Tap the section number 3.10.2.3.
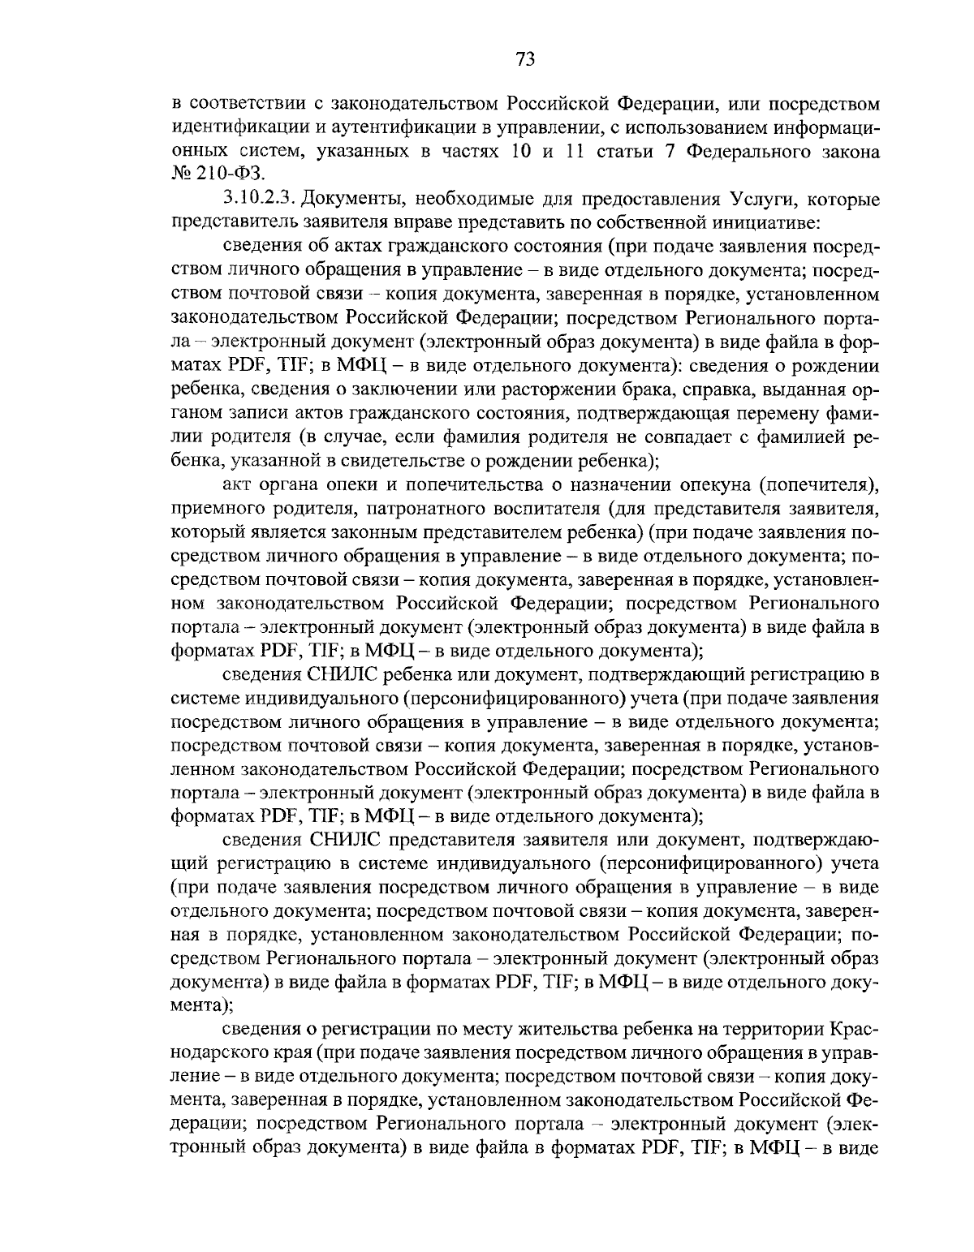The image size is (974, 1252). tap(262, 200)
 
